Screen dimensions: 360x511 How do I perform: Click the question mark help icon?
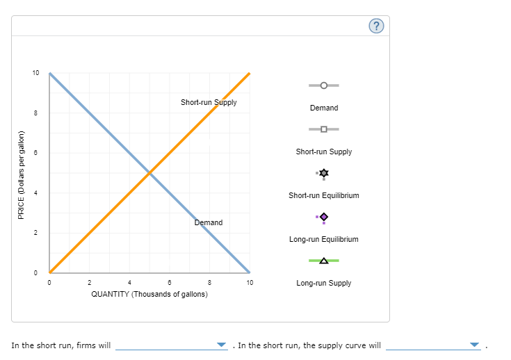tap(375, 26)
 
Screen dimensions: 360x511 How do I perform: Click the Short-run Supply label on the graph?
tap(209, 102)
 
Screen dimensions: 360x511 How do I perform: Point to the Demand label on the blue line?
tap(209, 222)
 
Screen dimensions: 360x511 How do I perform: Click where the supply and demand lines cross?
tap(149, 172)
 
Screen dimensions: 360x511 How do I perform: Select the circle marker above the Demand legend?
tap(324, 85)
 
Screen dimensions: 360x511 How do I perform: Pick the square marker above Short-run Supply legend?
tap(324, 129)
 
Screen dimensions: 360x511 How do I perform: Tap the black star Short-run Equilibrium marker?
tap(324, 172)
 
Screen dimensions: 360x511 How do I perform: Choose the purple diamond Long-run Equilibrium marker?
tap(324, 217)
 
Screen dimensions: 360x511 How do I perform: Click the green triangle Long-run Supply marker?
tap(324, 261)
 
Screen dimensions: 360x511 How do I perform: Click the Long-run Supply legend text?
tap(324, 283)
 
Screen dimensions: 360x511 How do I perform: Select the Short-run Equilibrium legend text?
tap(324, 195)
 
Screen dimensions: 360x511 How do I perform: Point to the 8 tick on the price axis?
tap(36, 113)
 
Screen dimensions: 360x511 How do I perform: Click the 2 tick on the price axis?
tap(36, 233)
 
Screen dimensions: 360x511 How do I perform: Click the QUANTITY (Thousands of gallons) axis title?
tap(149, 294)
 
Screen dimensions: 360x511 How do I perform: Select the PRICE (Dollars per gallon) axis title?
tap(21, 174)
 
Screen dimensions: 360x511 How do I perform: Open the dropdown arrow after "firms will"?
tap(221, 345)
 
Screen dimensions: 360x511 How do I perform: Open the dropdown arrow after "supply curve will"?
tap(475, 345)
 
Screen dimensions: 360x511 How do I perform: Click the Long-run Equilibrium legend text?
tap(324, 239)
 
